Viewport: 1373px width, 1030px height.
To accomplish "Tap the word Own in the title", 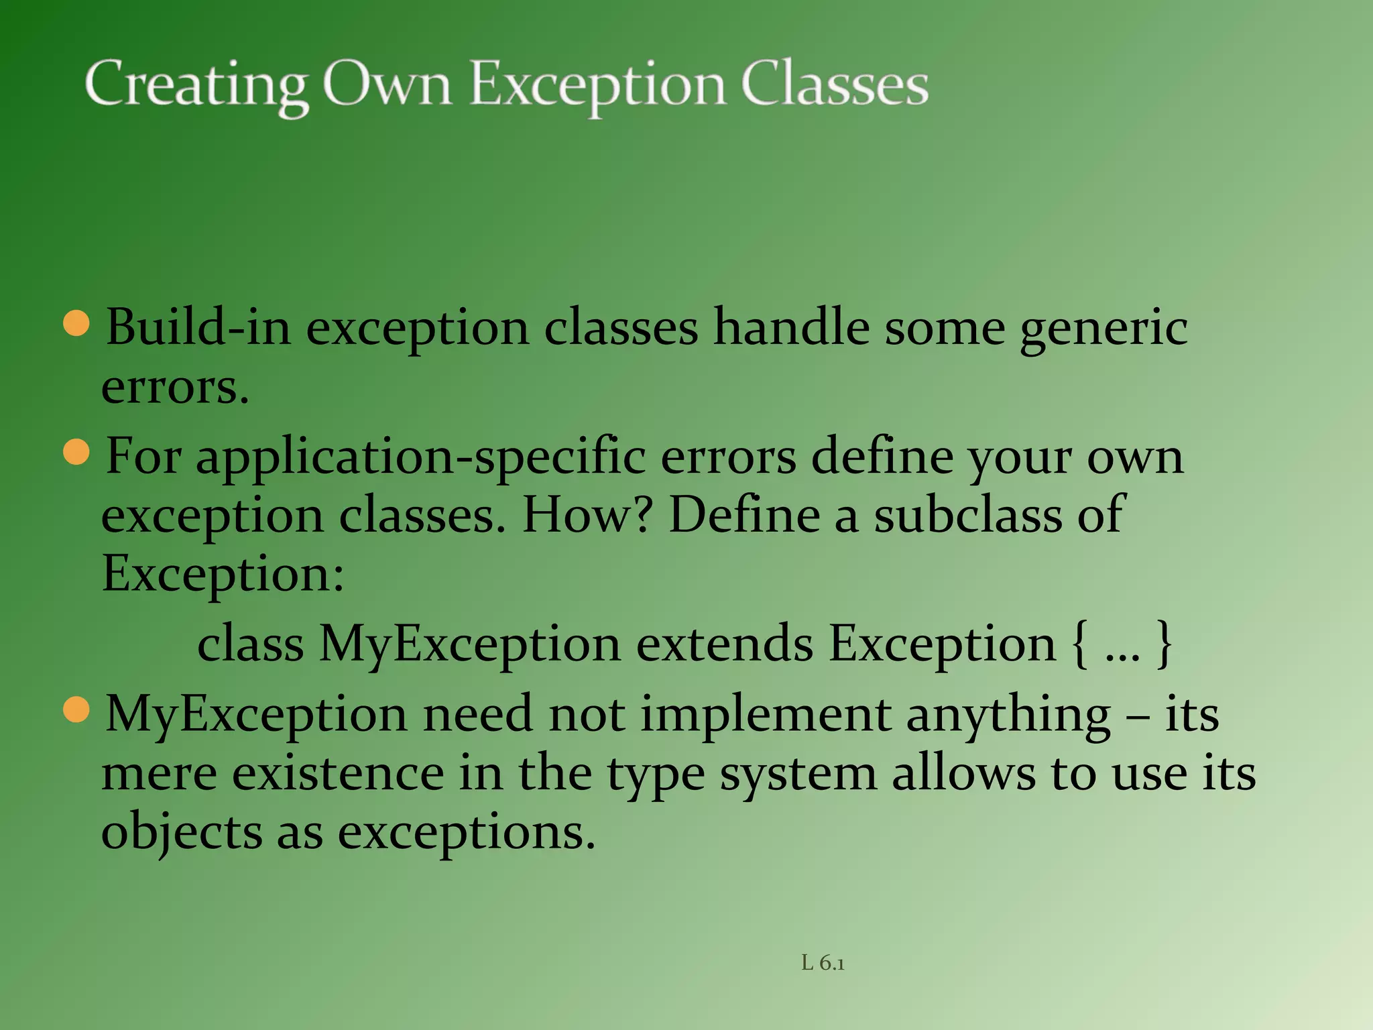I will coord(387,85).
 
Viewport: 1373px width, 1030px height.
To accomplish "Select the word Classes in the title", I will coord(834,85).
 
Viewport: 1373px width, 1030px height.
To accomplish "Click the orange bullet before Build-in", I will coord(76,323).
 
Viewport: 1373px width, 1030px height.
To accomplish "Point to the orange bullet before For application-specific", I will coord(76,452).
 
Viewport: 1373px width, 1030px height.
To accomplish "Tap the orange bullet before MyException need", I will coord(76,710).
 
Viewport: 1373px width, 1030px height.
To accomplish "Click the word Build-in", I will coord(198,328).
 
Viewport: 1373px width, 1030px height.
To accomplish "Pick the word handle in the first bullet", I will coord(791,328).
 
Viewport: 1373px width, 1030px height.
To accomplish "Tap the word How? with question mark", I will coord(587,515).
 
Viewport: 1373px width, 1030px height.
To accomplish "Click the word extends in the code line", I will coord(724,644).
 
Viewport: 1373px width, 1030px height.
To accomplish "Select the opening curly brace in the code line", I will coord(1079,644).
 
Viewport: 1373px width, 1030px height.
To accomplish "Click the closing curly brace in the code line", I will coord(1165,644).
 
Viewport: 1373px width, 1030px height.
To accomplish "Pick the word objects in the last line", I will coord(181,834).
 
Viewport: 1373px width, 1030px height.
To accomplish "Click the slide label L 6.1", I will coord(823,964).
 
